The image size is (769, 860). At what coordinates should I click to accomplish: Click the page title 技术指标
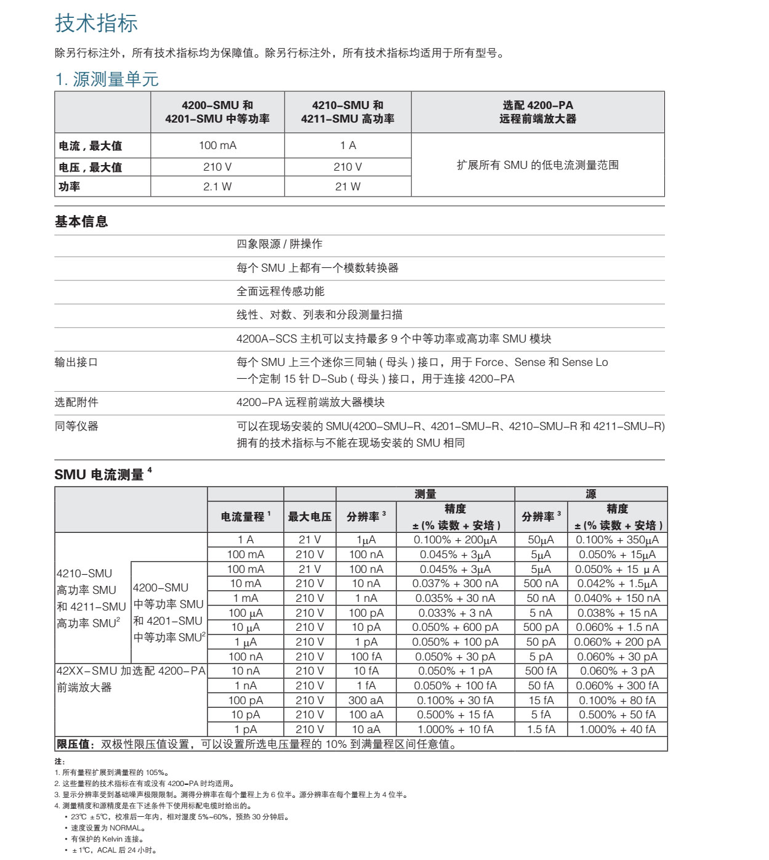pyautogui.click(x=96, y=23)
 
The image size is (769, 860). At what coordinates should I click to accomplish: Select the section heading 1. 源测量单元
pyautogui.click(x=107, y=79)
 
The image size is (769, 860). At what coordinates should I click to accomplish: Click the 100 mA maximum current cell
pyautogui.click(x=217, y=145)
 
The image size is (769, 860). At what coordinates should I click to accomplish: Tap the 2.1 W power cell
pyautogui.click(x=217, y=187)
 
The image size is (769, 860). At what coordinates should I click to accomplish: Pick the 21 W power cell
pyautogui.click(x=347, y=187)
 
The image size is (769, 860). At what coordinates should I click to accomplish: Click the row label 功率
pyautogui.click(x=70, y=187)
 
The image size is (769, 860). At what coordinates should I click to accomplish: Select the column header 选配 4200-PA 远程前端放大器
pyautogui.click(x=537, y=112)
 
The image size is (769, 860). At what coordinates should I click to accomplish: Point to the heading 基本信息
pyautogui.click(x=81, y=222)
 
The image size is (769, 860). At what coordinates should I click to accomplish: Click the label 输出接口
pyautogui.click(x=76, y=362)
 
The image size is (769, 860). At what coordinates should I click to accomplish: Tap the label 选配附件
pyautogui.click(x=76, y=402)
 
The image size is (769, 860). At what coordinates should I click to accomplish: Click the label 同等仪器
pyautogui.click(x=76, y=426)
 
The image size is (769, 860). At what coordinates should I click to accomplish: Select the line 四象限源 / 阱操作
pyautogui.click(x=280, y=245)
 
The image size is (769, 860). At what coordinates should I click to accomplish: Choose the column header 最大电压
pyautogui.click(x=310, y=517)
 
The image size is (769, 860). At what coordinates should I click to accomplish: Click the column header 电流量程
pyautogui.click(x=244, y=517)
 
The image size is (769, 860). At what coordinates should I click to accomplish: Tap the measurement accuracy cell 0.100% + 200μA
pyautogui.click(x=455, y=540)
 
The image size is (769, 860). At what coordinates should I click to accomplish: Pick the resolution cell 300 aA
pyautogui.click(x=366, y=700)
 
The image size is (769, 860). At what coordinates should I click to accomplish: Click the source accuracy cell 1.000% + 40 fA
pyautogui.click(x=617, y=729)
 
